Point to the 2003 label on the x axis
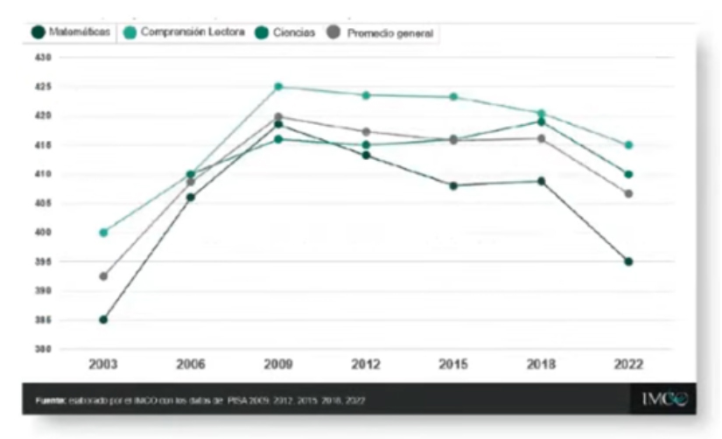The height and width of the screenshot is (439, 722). pos(103,365)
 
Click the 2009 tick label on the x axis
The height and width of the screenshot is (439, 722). pos(278,365)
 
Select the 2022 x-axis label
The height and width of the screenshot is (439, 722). pos(628,365)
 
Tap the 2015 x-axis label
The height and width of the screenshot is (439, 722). pos(453,365)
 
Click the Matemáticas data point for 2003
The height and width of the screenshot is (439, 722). pos(103,319)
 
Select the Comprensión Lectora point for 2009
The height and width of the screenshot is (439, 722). pos(278,87)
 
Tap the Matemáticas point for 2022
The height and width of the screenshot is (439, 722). pos(628,261)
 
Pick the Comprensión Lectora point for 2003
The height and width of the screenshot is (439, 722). pos(103,233)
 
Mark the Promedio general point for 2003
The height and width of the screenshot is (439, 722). pos(103,276)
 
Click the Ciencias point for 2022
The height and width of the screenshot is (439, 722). pos(628,174)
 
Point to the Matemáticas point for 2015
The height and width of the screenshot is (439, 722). pos(453,185)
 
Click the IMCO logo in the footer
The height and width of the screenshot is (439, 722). pos(664,399)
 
